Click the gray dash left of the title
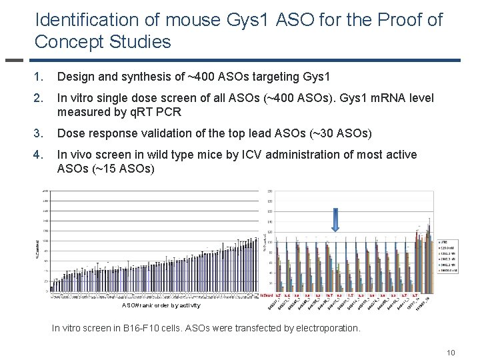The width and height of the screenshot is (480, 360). coord(14,61)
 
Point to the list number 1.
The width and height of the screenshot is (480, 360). coord(39,77)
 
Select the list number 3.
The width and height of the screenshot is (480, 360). coord(39,134)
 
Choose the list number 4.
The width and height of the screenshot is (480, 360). coord(39,155)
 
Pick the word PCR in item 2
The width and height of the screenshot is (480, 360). coord(167,112)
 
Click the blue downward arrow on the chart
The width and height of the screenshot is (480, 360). coord(335,219)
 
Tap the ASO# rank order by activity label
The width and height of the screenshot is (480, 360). coord(161,305)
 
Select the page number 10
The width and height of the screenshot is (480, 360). coord(451,352)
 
